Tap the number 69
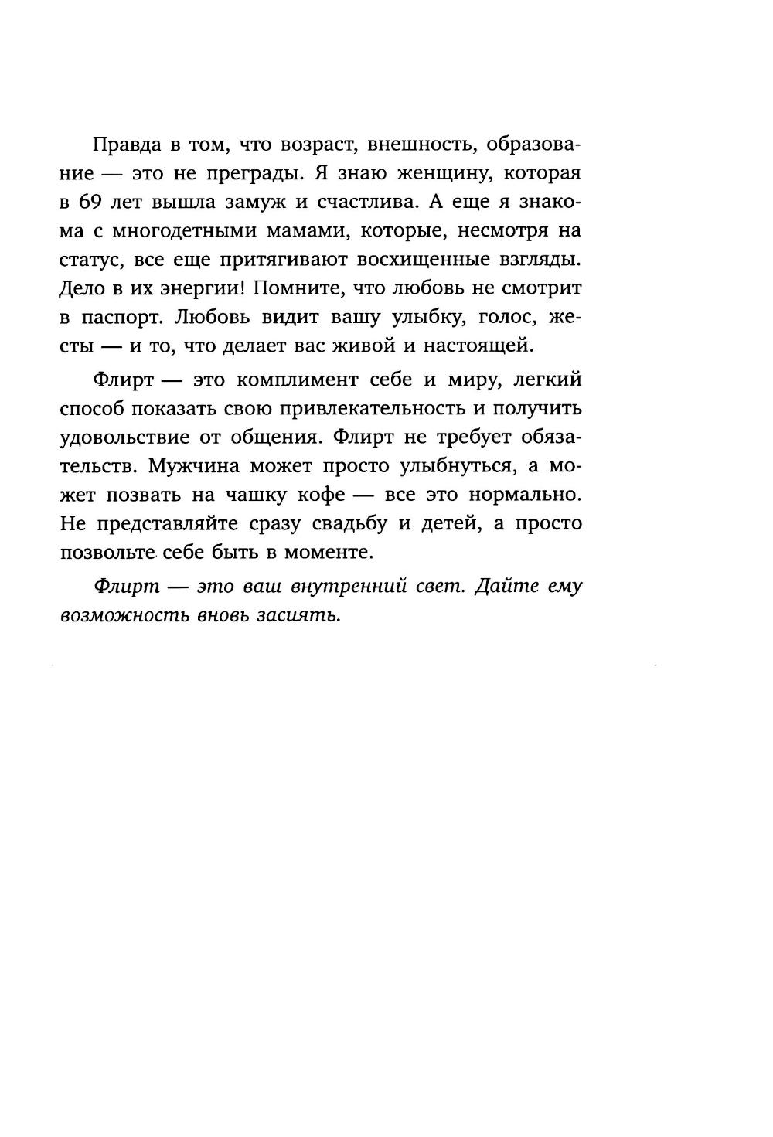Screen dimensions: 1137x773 (95, 202)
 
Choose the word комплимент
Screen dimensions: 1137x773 (296, 380)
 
